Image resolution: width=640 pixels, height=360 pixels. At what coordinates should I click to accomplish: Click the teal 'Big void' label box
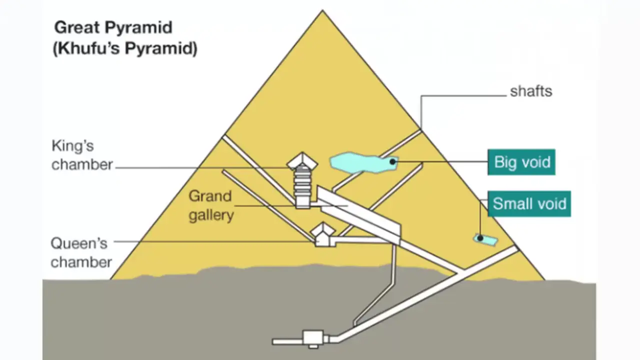click(521, 162)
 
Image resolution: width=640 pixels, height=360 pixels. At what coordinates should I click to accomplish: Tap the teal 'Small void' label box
click(529, 203)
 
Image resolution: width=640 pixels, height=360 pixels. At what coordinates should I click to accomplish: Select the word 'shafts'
click(531, 91)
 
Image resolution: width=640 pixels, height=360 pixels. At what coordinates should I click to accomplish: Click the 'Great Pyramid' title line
click(113, 28)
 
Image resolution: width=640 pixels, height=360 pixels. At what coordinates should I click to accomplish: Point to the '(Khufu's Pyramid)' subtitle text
click(125, 48)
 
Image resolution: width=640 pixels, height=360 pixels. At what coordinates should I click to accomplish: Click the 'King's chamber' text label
click(82, 155)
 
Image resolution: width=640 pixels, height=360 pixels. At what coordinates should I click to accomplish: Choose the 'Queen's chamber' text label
click(81, 253)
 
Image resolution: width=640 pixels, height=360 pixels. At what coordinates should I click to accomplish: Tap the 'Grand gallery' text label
click(211, 205)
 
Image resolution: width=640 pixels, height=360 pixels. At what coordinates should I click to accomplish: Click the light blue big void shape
click(363, 163)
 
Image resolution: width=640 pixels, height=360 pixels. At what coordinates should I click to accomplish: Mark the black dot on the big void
click(393, 161)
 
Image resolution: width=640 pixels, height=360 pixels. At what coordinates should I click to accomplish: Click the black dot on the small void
click(480, 237)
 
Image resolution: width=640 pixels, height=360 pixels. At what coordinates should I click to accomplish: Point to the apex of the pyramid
click(322, 10)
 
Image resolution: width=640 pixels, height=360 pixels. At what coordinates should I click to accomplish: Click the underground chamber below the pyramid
click(313, 338)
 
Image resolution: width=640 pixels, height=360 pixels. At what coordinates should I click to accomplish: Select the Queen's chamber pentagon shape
click(323, 234)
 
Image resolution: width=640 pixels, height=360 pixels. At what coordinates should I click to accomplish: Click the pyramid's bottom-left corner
click(111, 279)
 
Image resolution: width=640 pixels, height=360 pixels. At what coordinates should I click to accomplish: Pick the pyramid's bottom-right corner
click(544, 279)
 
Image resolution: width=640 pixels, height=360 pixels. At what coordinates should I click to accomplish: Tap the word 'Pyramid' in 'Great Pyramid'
click(138, 28)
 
